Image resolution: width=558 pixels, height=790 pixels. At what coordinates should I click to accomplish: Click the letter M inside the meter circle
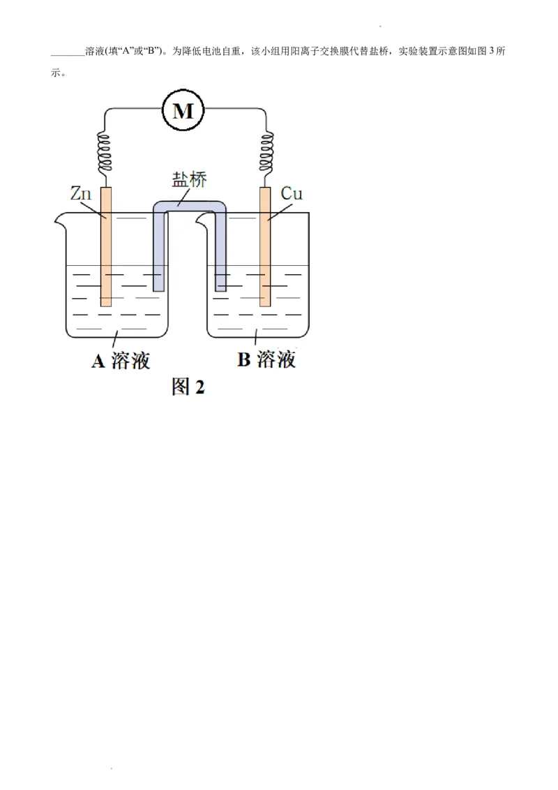pyautogui.click(x=183, y=110)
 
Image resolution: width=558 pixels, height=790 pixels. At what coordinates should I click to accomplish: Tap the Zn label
pyautogui.click(x=81, y=194)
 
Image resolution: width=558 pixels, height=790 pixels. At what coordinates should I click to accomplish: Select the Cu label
pyautogui.click(x=292, y=193)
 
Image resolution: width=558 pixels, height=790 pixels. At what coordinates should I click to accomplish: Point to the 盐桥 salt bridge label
pyautogui.click(x=189, y=179)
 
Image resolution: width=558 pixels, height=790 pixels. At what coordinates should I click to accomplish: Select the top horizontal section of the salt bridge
pyautogui.click(x=190, y=207)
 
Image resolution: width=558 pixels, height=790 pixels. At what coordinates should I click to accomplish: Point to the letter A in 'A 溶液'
pyautogui.click(x=98, y=361)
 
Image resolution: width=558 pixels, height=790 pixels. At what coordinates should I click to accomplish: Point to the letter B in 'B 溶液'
pyautogui.click(x=243, y=360)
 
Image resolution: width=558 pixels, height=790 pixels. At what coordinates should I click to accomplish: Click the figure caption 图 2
pyautogui.click(x=188, y=387)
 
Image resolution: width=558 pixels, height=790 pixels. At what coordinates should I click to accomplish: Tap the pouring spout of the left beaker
pyautogui.click(x=59, y=221)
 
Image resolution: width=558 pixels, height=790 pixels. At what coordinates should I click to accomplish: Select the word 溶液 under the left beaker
pyautogui.click(x=130, y=361)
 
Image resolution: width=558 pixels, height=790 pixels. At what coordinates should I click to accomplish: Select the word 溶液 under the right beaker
pyautogui.click(x=276, y=360)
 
